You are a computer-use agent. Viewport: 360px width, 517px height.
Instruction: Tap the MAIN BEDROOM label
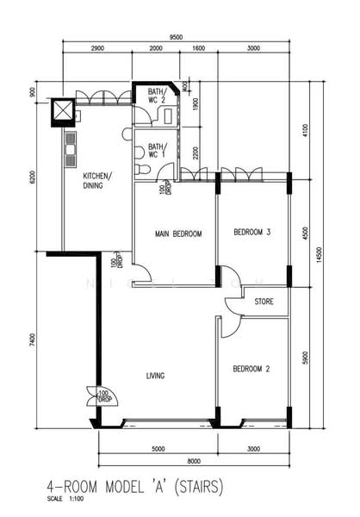click(178, 234)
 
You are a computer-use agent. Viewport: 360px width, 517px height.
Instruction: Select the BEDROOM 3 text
click(252, 233)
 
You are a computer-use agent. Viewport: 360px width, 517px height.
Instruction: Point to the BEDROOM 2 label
click(251, 369)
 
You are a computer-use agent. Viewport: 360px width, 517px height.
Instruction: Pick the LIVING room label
click(155, 376)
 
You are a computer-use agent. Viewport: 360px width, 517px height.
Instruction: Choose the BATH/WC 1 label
click(157, 151)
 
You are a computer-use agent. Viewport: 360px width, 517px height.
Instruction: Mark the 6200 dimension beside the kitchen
click(31, 178)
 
